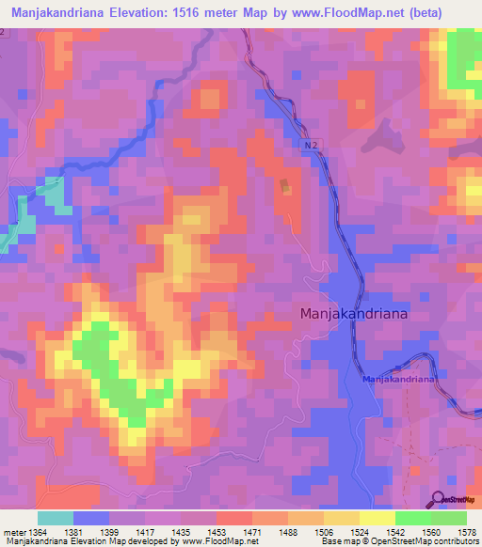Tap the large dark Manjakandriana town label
coord(354,315)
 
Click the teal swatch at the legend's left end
coord(56,518)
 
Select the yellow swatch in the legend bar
coord(378,518)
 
